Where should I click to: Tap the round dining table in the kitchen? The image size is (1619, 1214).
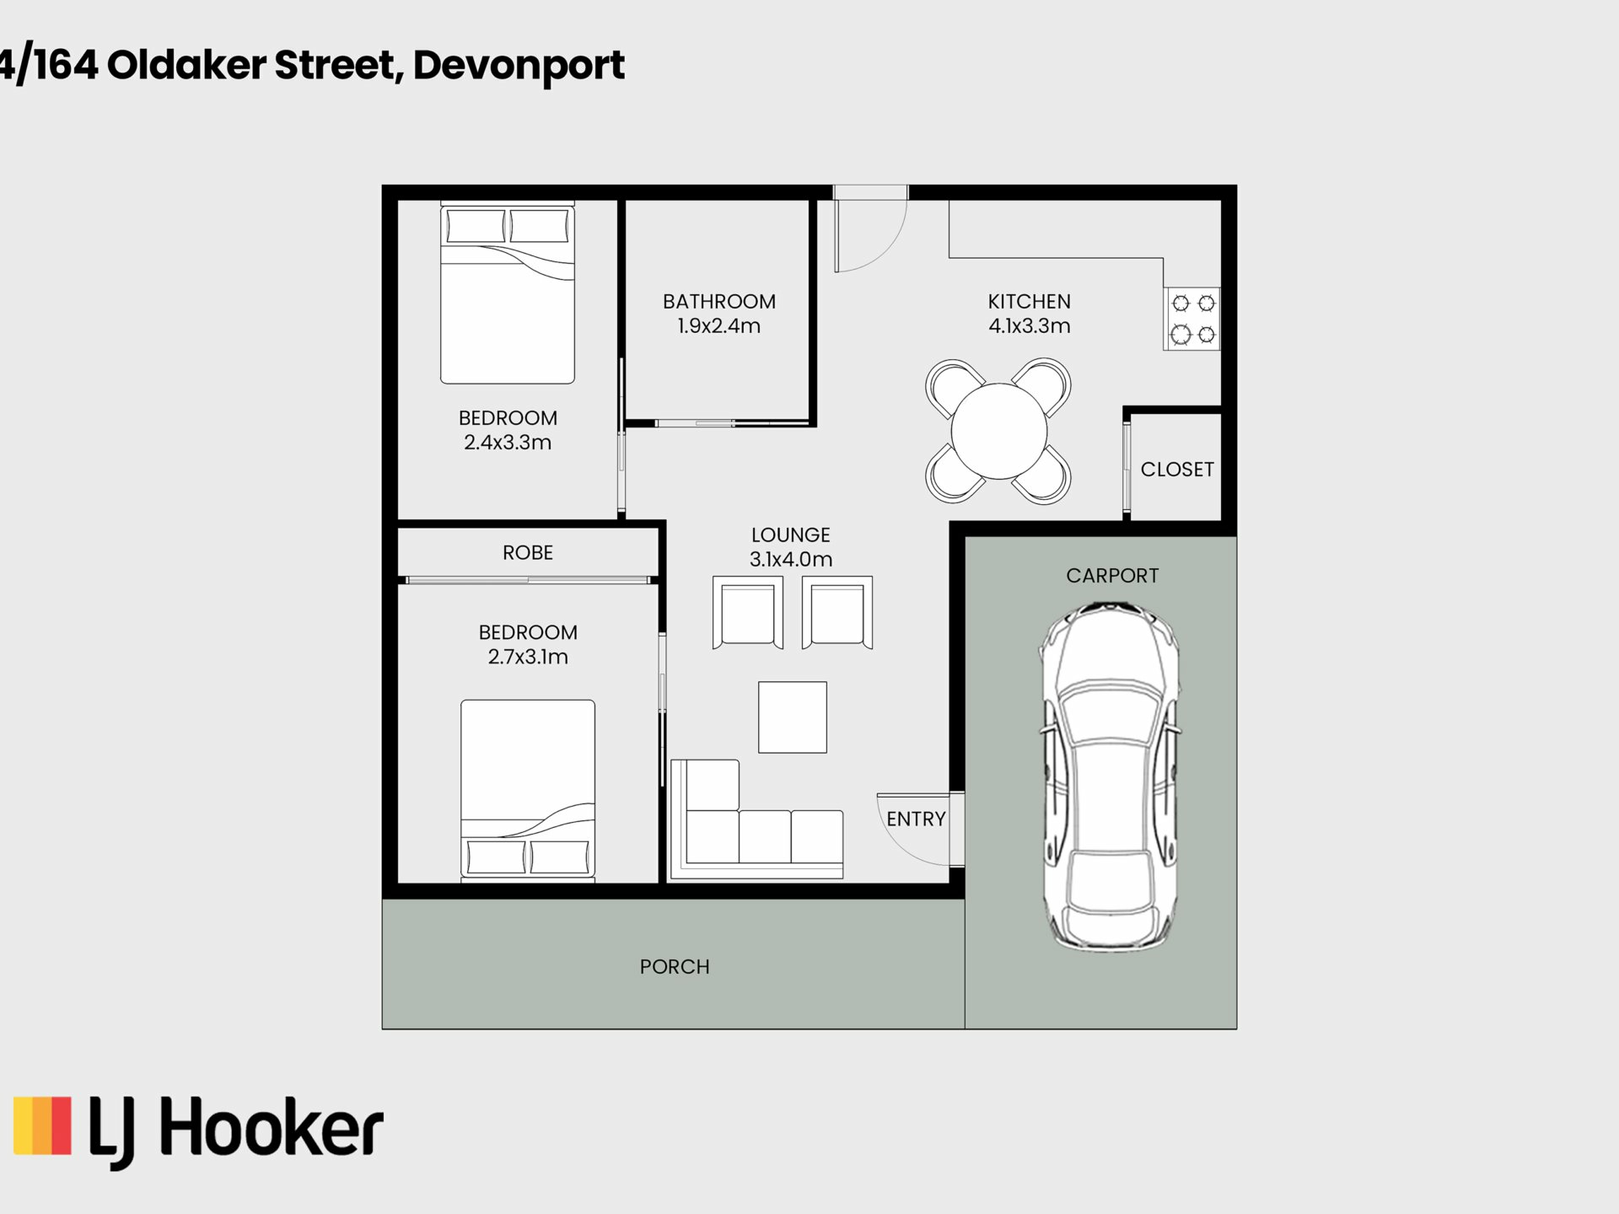[999, 432]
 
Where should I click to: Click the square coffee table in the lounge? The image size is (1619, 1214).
[793, 717]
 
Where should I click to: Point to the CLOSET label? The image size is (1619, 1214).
[1177, 470]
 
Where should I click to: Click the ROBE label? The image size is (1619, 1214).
[528, 553]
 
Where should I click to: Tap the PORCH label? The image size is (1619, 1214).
[675, 967]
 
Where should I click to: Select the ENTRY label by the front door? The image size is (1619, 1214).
[916, 819]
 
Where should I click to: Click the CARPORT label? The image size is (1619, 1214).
[1112, 576]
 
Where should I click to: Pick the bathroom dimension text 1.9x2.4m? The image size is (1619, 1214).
[719, 326]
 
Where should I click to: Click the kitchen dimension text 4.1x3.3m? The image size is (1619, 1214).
[1030, 326]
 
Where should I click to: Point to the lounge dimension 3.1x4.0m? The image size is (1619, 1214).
[791, 559]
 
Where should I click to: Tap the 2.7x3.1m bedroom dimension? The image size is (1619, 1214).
[528, 657]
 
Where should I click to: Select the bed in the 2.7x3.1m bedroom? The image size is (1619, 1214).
[528, 791]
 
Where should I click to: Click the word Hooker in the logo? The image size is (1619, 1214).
[272, 1128]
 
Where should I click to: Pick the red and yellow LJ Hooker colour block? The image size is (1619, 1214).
[42, 1125]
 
